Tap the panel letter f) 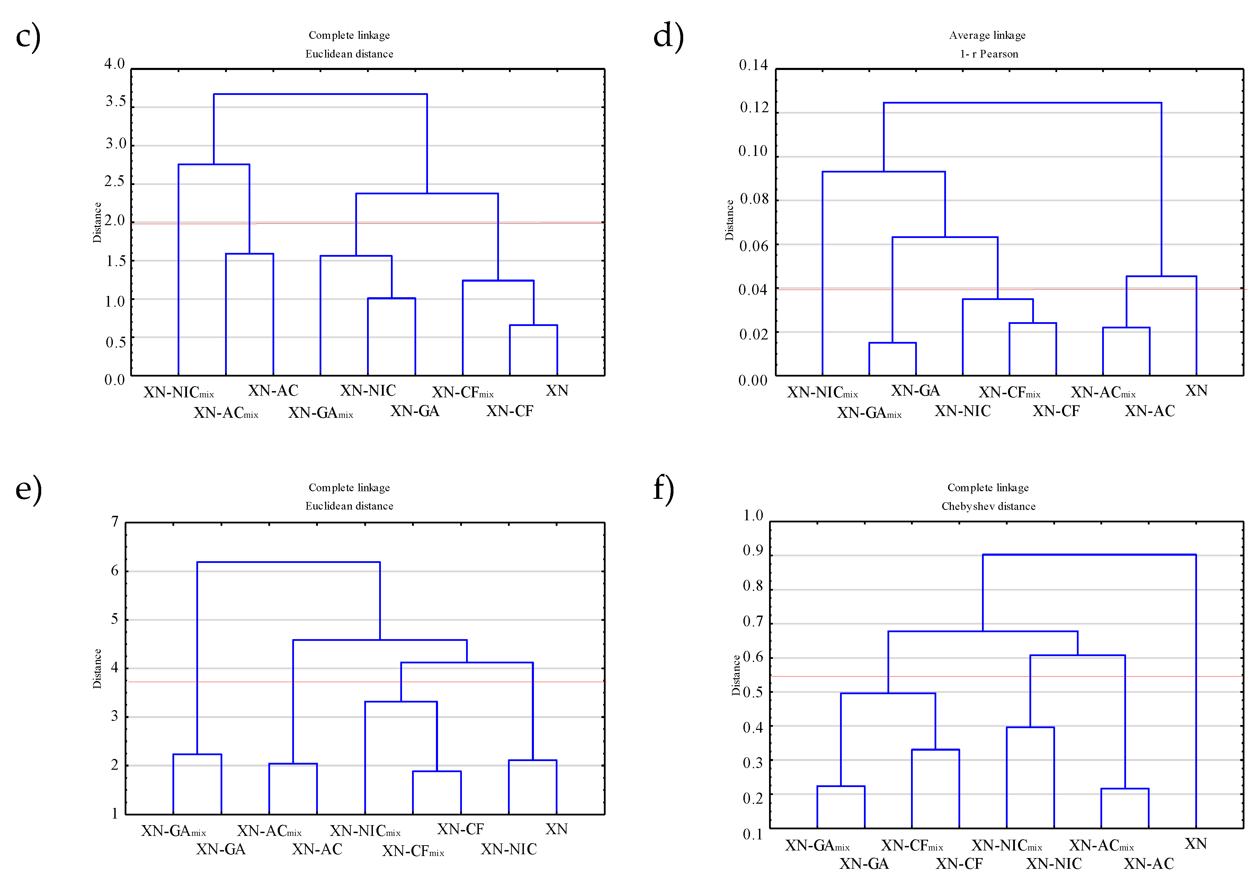(x=663, y=488)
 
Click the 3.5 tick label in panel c (x=116, y=101)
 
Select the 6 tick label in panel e (x=115, y=571)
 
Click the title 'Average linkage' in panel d (x=987, y=35)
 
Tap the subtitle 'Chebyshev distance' (x=988, y=506)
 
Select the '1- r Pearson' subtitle (x=989, y=54)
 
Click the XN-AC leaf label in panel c (x=273, y=390)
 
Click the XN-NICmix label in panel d (x=822, y=392)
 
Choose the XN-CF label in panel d (x=1056, y=411)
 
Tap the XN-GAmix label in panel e (x=173, y=831)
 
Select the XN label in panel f (x=1195, y=844)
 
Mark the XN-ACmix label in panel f (x=1101, y=845)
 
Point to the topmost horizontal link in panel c (x=320, y=94)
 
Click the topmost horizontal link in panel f (x=1089, y=555)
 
